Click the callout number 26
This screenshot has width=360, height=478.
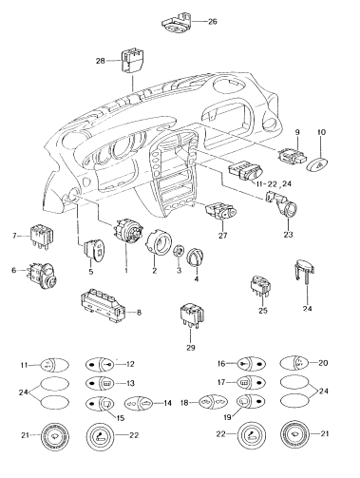point(213,22)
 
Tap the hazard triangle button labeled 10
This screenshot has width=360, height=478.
point(317,163)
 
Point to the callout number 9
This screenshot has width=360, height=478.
point(297,132)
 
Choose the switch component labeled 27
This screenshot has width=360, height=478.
point(221,212)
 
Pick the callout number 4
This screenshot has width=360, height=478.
point(197,279)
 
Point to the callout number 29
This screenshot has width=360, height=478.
point(191,348)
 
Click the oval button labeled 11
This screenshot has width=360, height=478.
point(54,365)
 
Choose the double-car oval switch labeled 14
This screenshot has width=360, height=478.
point(140,403)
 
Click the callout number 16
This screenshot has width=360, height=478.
point(221,364)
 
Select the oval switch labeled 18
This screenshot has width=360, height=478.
point(213,403)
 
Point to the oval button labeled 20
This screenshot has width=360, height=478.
point(294,363)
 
